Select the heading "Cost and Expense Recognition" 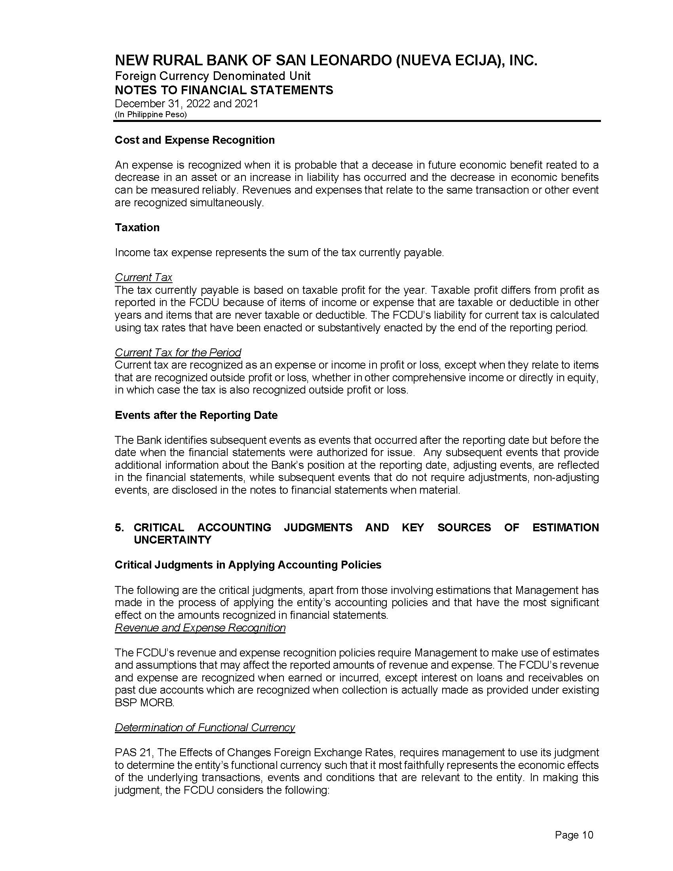[194, 140]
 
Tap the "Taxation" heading [137, 227]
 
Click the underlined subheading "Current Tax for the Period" [178, 352]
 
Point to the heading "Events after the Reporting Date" [196, 415]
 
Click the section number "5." [119, 528]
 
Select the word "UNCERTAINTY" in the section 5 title [173, 540]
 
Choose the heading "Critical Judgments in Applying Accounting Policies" [248, 565]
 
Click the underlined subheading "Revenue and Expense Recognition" [200, 628]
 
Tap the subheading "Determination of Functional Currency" [205, 727]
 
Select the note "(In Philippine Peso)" [151, 114]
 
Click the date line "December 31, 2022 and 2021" [186, 104]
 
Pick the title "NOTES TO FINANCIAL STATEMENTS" [224, 90]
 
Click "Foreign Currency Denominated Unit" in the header [213, 76]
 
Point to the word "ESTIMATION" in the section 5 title [565, 528]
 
